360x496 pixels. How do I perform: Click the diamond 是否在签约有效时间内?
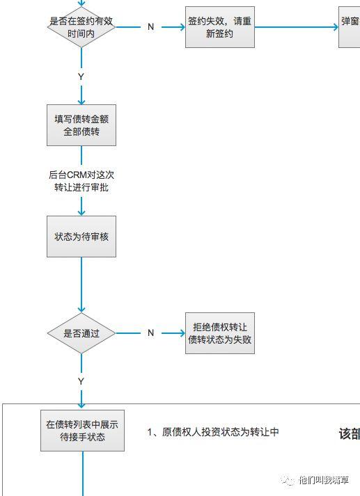[x=81, y=26]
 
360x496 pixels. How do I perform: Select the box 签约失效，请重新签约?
[x=210, y=27]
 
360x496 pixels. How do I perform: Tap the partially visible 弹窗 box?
[x=350, y=27]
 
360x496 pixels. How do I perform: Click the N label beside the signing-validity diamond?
[x=150, y=27]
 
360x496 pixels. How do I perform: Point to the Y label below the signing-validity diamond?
[x=81, y=75]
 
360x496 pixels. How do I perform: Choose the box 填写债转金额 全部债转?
[x=81, y=125]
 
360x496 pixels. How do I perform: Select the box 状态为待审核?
[x=81, y=237]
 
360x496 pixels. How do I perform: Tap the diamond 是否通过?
[x=81, y=333]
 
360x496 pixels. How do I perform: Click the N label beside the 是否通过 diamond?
[x=150, y=333]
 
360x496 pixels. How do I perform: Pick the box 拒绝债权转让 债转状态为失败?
[x=219, y=333]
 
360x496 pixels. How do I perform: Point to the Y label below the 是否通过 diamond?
[x=81, y=381]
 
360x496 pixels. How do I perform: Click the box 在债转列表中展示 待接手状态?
[x=81, y=431]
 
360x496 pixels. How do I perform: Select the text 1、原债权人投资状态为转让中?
[x=213, y=432]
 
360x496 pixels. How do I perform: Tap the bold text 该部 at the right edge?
[x=349, y=433]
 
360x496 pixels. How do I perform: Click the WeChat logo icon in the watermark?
[x=288, y=480]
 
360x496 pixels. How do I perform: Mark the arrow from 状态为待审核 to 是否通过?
[x=81, y=285]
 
